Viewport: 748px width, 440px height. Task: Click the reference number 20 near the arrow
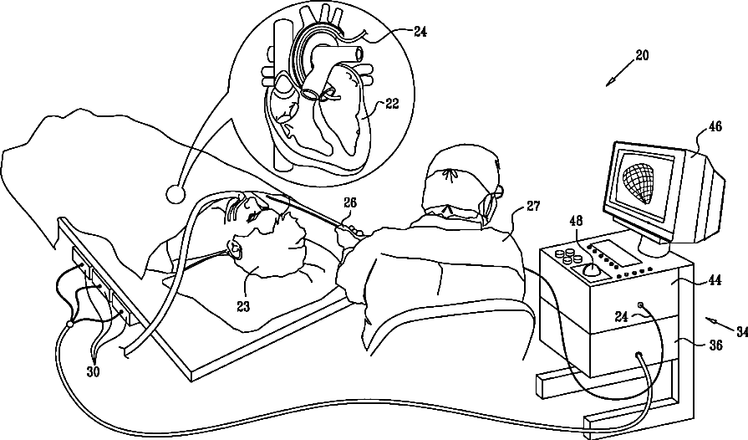point(641,55)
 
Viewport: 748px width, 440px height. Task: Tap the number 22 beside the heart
point(391,104)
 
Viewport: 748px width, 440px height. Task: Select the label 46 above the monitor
point(715,128)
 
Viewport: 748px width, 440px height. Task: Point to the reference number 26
point(350,202)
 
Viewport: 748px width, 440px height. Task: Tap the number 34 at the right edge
point(740,331)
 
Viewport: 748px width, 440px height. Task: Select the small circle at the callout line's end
point(176,194)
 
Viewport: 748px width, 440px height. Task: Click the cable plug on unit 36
point(640,356)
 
